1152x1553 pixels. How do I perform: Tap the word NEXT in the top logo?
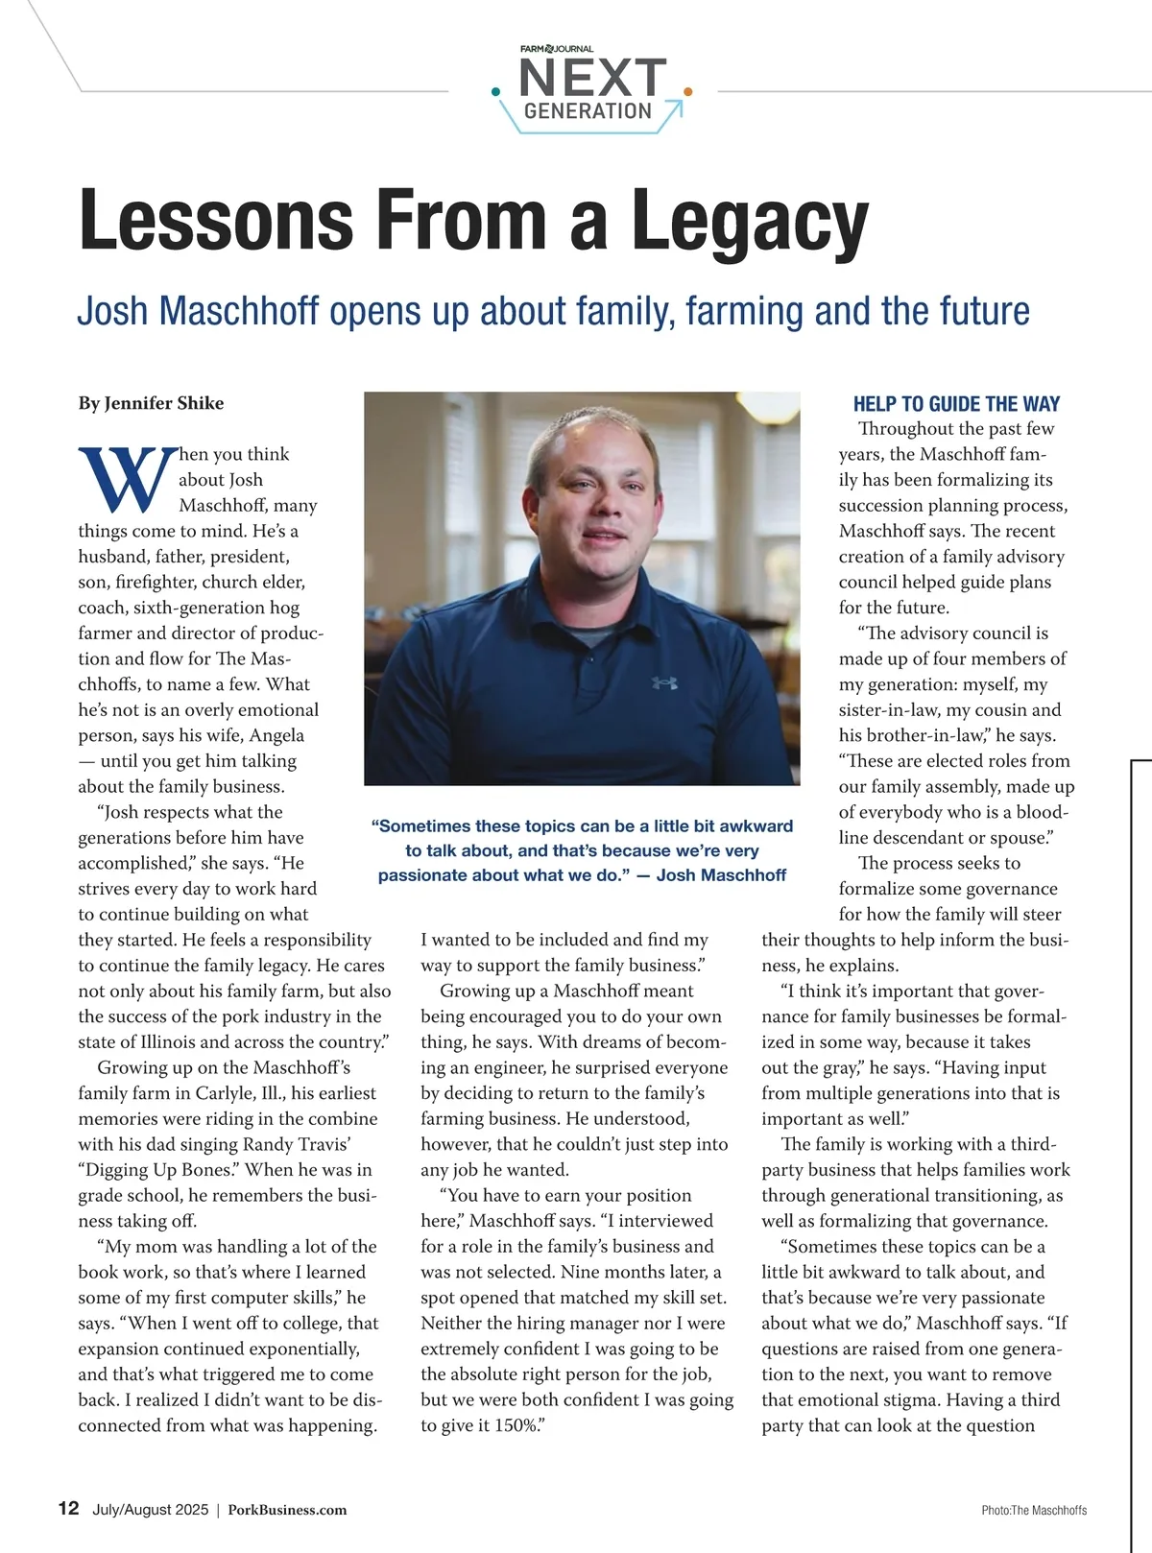coord(592,77)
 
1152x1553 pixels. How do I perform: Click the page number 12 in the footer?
coord(68,1508)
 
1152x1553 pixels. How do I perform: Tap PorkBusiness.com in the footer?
coord(287,1510)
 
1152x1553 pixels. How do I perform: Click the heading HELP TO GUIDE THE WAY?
coord(956,404)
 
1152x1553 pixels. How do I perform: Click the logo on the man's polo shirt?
coord(664,682)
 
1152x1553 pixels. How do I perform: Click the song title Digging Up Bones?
coord(157,1170)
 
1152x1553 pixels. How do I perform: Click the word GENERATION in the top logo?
coord(588,111)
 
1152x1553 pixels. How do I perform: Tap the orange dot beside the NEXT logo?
coord(687,92)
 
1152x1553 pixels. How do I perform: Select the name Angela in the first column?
coord(276,735)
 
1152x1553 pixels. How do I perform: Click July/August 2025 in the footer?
coord(150,1510)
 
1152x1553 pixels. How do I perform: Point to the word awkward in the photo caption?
coord(744,826)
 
